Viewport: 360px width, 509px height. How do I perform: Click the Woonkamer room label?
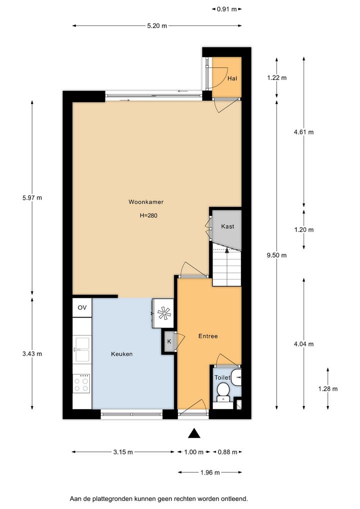point(146,202)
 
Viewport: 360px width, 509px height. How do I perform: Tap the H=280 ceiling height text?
point(148,215)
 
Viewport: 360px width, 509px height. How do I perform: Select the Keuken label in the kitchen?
point(121,354)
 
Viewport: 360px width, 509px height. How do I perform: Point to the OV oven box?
point(82,307)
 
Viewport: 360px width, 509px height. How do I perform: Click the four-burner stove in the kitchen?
point(81,383)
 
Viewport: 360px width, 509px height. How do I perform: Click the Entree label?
point(208,336)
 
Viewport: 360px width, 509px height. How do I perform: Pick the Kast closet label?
point(227,226)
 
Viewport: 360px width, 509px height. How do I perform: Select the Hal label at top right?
point(232,78)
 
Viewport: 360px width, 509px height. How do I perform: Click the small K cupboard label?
point(169,341)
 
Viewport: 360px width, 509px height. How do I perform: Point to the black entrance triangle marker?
point(194,433)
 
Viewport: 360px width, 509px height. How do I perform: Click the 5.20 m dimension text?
point(157,25)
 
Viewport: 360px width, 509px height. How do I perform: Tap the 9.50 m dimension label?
point(276,255)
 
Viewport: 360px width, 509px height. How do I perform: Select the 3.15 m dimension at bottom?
point(123,452)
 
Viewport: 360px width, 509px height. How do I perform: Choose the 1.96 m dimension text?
point(210,472)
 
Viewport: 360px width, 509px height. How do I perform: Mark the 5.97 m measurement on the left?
point(32,197)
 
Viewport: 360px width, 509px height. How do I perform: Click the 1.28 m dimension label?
point(328,388)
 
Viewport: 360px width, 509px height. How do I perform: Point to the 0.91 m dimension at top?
point(227,9)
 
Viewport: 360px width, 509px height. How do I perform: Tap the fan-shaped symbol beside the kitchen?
point(164,313)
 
